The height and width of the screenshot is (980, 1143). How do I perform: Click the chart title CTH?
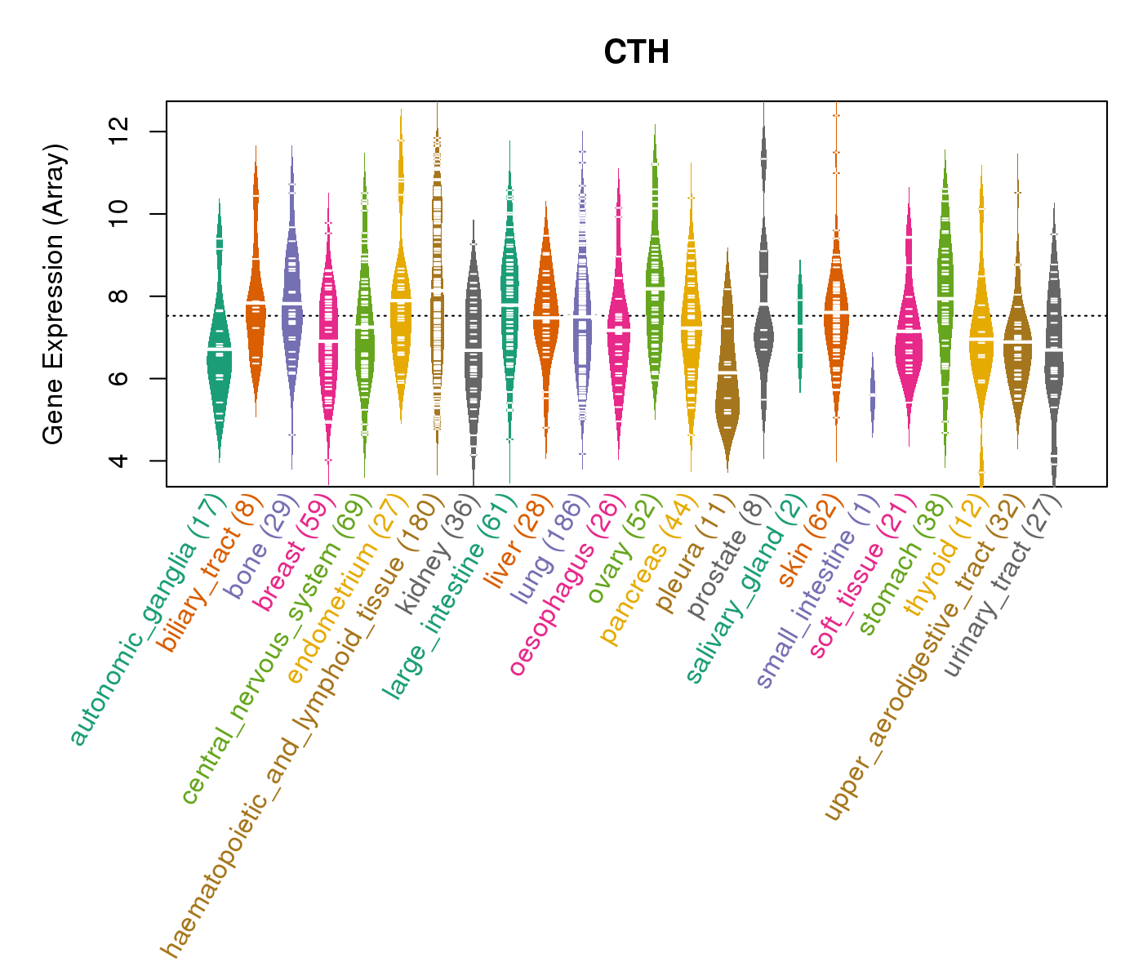[636, 52]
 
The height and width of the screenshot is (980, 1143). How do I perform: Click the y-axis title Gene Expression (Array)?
[53, 295]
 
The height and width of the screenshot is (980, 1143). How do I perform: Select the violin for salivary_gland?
[800, 327]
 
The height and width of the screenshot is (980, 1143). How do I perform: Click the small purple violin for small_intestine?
[873, 394]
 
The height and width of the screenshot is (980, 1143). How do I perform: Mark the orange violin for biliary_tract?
[256, 302]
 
